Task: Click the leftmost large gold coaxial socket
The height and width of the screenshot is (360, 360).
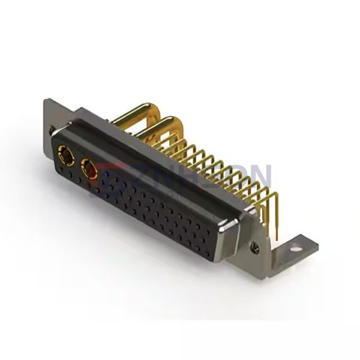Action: point(64,158)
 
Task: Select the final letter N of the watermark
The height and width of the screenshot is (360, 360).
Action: point(259,176)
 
